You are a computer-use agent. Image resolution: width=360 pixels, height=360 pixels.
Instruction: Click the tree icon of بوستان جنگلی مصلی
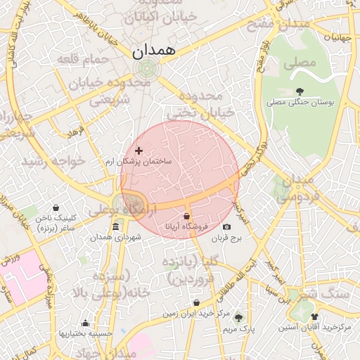(x=300, y=91)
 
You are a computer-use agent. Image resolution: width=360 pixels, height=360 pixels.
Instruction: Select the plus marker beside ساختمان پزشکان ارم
(x=139, y=150)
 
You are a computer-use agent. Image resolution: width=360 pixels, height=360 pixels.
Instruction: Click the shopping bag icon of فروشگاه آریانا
(x=186, y=216)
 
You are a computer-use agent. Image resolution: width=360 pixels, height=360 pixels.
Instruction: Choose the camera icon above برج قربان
(x=226, y=226)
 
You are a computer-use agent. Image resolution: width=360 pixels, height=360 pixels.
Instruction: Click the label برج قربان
(x=226, y=239)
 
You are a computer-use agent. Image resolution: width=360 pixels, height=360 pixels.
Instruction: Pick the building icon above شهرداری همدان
(x=115, y=226)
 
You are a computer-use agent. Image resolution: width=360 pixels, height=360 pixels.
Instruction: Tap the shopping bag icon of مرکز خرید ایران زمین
(x=196, y=303)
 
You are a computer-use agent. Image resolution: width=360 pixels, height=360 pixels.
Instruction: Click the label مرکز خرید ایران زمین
(x=196, y=314)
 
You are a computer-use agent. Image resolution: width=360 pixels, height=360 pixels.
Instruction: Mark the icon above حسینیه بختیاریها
(x=85, y=324)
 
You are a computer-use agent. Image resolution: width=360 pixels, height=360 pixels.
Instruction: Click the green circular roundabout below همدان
(x=148, y=68)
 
